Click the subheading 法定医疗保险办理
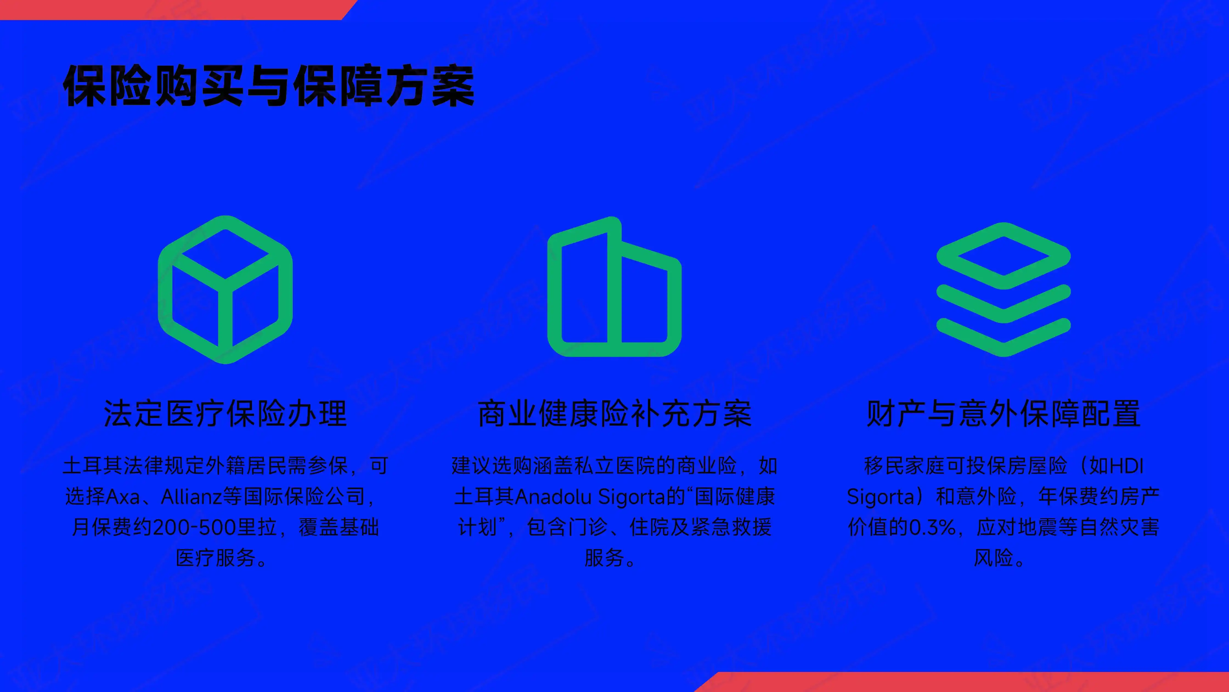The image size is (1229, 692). point(225,414)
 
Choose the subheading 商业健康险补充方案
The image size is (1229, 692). point(614,414)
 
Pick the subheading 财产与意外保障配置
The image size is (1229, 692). point(1004,414)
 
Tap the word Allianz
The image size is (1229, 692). point(191,497)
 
